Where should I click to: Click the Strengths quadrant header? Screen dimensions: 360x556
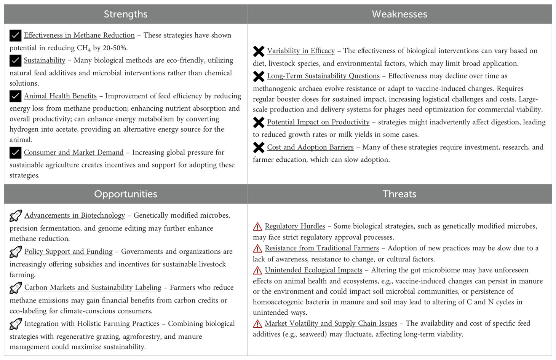click(x=126, y=14)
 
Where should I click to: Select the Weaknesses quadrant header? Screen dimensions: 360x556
click(x=399, y=14)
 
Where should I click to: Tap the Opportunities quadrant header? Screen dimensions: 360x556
click(x=126, y=194)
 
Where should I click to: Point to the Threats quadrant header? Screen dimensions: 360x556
click(x=399, y=194)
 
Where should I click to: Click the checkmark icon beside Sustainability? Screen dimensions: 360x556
click(x=15, y=61)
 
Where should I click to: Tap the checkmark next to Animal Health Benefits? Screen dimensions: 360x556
click(x=15, y=96)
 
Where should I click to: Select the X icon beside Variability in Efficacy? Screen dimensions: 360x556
click(x=259, y=51)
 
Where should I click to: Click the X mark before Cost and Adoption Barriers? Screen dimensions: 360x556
click(x=259, y=147)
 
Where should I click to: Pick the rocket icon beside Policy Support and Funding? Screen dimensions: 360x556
click(x=15, y=252)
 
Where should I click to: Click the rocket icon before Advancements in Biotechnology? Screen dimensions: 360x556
click(x=15, y=216)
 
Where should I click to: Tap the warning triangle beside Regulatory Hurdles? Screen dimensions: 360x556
click(x=257, y=226)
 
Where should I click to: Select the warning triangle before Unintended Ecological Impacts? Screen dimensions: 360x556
click(x=257, y=270)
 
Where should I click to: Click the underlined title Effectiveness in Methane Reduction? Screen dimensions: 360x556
click(x=79, y=35)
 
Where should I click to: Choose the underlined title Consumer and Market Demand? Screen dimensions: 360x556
click(x=73, y=153)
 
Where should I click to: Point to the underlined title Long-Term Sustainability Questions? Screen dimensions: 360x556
click(x=323, y=76)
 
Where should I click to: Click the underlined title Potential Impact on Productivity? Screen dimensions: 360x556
click(x=318, y=122)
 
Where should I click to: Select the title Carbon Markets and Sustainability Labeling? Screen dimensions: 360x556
click(x=93, y=288)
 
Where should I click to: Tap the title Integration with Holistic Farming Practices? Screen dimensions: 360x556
click(x=92, y=324)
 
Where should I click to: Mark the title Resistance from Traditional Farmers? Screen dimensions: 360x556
click(x=322, y=248)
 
